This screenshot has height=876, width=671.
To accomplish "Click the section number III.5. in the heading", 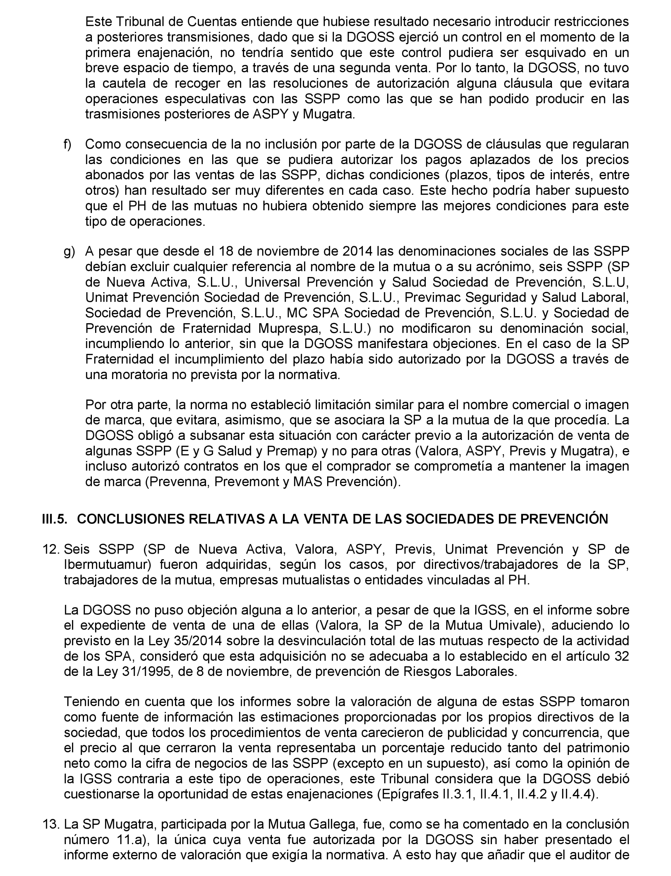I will click(54, 519).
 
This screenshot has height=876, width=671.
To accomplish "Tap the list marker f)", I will click(68, 144).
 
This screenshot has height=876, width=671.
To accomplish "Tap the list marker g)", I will click(69, 252).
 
